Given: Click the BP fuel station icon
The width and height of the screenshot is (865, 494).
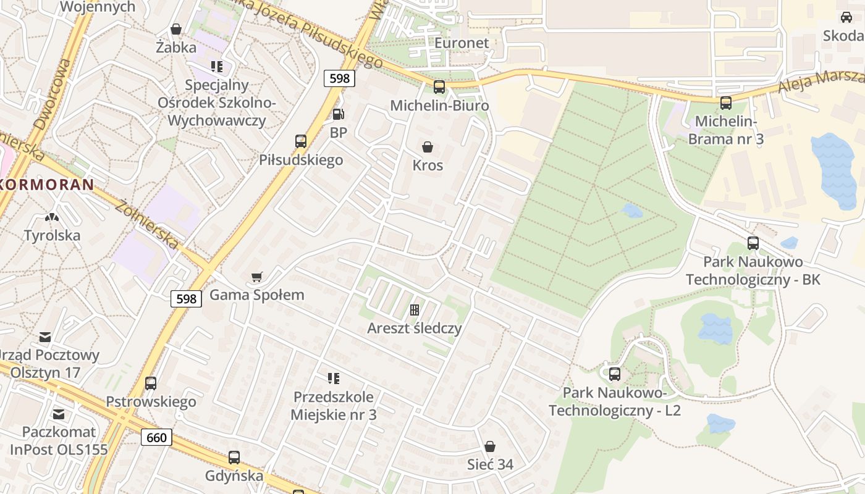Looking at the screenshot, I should coord(338,114).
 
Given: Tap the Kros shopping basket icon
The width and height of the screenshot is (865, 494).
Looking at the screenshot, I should coord(427,147).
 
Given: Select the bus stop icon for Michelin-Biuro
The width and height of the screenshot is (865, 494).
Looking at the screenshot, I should coord(439,87).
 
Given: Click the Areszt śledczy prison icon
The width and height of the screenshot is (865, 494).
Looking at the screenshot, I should coord(415,310).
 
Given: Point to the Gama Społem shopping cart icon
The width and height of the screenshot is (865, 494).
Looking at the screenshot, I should coord(257,277).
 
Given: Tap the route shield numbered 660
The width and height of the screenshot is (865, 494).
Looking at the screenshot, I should coord(157,437).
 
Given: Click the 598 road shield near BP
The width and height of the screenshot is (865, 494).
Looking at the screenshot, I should coord(339,78).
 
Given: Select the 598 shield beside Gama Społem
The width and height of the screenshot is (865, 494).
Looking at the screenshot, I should coord(186,299).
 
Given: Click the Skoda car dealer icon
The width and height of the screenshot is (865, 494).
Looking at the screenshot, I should coord(846,17).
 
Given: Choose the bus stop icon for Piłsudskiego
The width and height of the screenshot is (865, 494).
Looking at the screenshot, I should coord(301,141).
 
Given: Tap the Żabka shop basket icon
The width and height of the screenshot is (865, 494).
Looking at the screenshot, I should coord(176,29).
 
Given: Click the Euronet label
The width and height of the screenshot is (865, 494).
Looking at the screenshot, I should coord(462,43).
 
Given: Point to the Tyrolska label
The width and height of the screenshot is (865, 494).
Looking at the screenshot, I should coord(52,235).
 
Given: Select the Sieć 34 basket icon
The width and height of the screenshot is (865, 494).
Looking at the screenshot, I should coord(490,446).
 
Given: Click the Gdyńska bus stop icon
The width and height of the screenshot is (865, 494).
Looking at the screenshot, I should coord(234,458).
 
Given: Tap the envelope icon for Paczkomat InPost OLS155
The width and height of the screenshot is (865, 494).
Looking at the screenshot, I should coord(59,414).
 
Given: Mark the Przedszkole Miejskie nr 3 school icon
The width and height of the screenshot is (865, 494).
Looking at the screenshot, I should coord(334,378).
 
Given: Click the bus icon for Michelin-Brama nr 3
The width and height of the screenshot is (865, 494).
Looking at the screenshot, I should coord(726,103).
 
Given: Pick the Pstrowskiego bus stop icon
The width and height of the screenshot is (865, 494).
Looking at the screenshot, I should coord(151,383).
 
